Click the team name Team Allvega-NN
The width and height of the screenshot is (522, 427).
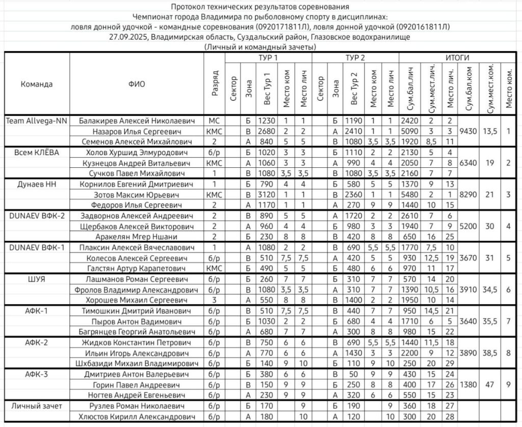tap(37, 121)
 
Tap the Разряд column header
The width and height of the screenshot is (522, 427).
tap(215, 83)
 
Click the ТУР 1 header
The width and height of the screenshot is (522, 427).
tap(268, 58)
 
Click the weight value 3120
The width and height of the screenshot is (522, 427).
tap(266, 194)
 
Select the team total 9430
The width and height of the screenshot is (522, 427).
tap(468, 131)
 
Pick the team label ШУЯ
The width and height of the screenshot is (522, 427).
tap(37, 279)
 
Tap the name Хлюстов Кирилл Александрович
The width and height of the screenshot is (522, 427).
tap(136, 417)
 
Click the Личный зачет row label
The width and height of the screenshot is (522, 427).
tap(37, 406)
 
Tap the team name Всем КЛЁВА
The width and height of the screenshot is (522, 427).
tap(37, 153)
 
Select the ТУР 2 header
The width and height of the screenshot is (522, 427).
tap(355, 58)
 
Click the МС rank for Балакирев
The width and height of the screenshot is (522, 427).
tap(214, 121)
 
